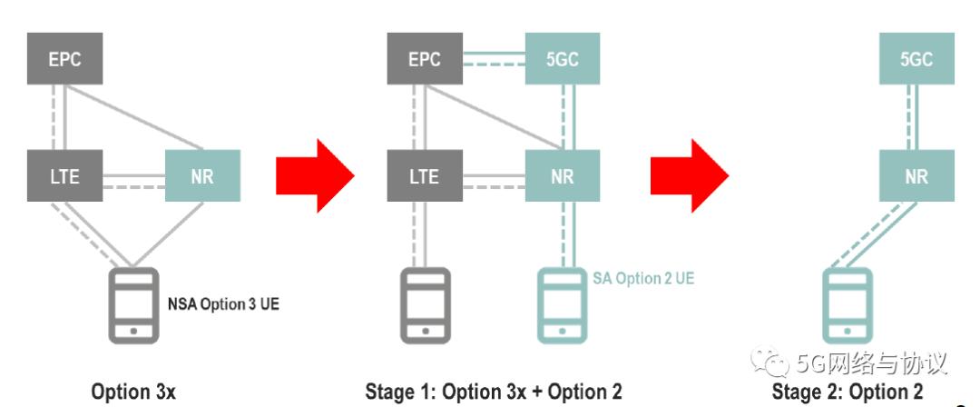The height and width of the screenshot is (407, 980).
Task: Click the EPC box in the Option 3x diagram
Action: click(x=64, y=60)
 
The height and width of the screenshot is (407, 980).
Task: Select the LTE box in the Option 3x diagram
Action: click(x=64, y=176)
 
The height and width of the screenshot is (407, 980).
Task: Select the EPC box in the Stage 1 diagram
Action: click(x=424, y=60)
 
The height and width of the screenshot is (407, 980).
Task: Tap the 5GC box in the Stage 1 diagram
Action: click(x=563, y=60)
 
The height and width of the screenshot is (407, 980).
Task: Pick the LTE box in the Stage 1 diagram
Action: click(x=424, y=176)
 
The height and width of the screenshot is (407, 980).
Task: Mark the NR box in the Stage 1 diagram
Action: click(x=563, y=176)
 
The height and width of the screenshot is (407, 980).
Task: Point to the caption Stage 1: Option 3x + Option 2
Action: click(x=493, y=392)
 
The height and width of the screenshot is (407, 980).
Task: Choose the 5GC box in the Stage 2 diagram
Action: click(x=916, y=60)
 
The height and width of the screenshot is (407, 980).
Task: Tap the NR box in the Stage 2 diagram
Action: click(x=916, y=176)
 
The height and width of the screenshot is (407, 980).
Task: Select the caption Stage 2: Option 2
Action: click(x=847, y=392)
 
